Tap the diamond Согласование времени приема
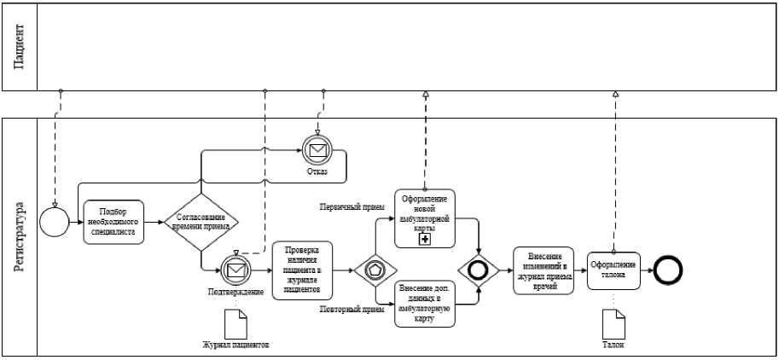[x=201, y=222]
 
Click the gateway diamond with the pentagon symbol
[x=375, y=270]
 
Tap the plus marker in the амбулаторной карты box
[x=425, y=241]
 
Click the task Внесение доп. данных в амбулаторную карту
[x=425, y=302]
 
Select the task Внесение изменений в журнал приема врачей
[x=543, y=270]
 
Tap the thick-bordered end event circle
[x=668, y=270]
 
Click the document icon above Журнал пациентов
[x=235, y=323]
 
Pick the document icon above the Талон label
[x=613, y=324]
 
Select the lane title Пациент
[x=19, y=47]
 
